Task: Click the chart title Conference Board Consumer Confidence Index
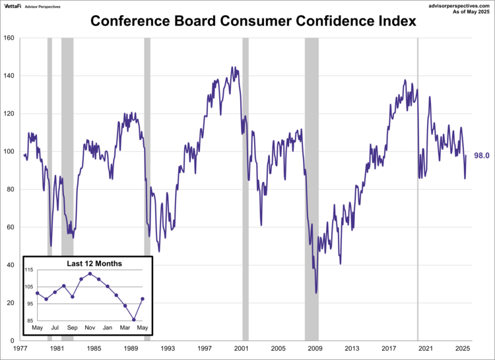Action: coord(253,21)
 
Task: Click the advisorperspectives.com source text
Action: coord(455,5)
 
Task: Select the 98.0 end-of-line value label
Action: coord(482,156)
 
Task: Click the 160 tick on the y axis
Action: coord(9,38)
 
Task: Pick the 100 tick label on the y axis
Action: coord(9,151)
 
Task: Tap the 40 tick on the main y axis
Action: coord(11,266)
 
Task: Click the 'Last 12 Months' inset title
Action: coord(94,264)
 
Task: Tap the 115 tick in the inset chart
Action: coord(30,271)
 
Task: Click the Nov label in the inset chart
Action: coord(90,328)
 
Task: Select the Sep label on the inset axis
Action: coord(73,328)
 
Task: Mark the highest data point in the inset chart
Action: coord(90,273)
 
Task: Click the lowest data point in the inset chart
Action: coord(134,320)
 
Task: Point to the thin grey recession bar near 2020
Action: coord(417,188)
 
